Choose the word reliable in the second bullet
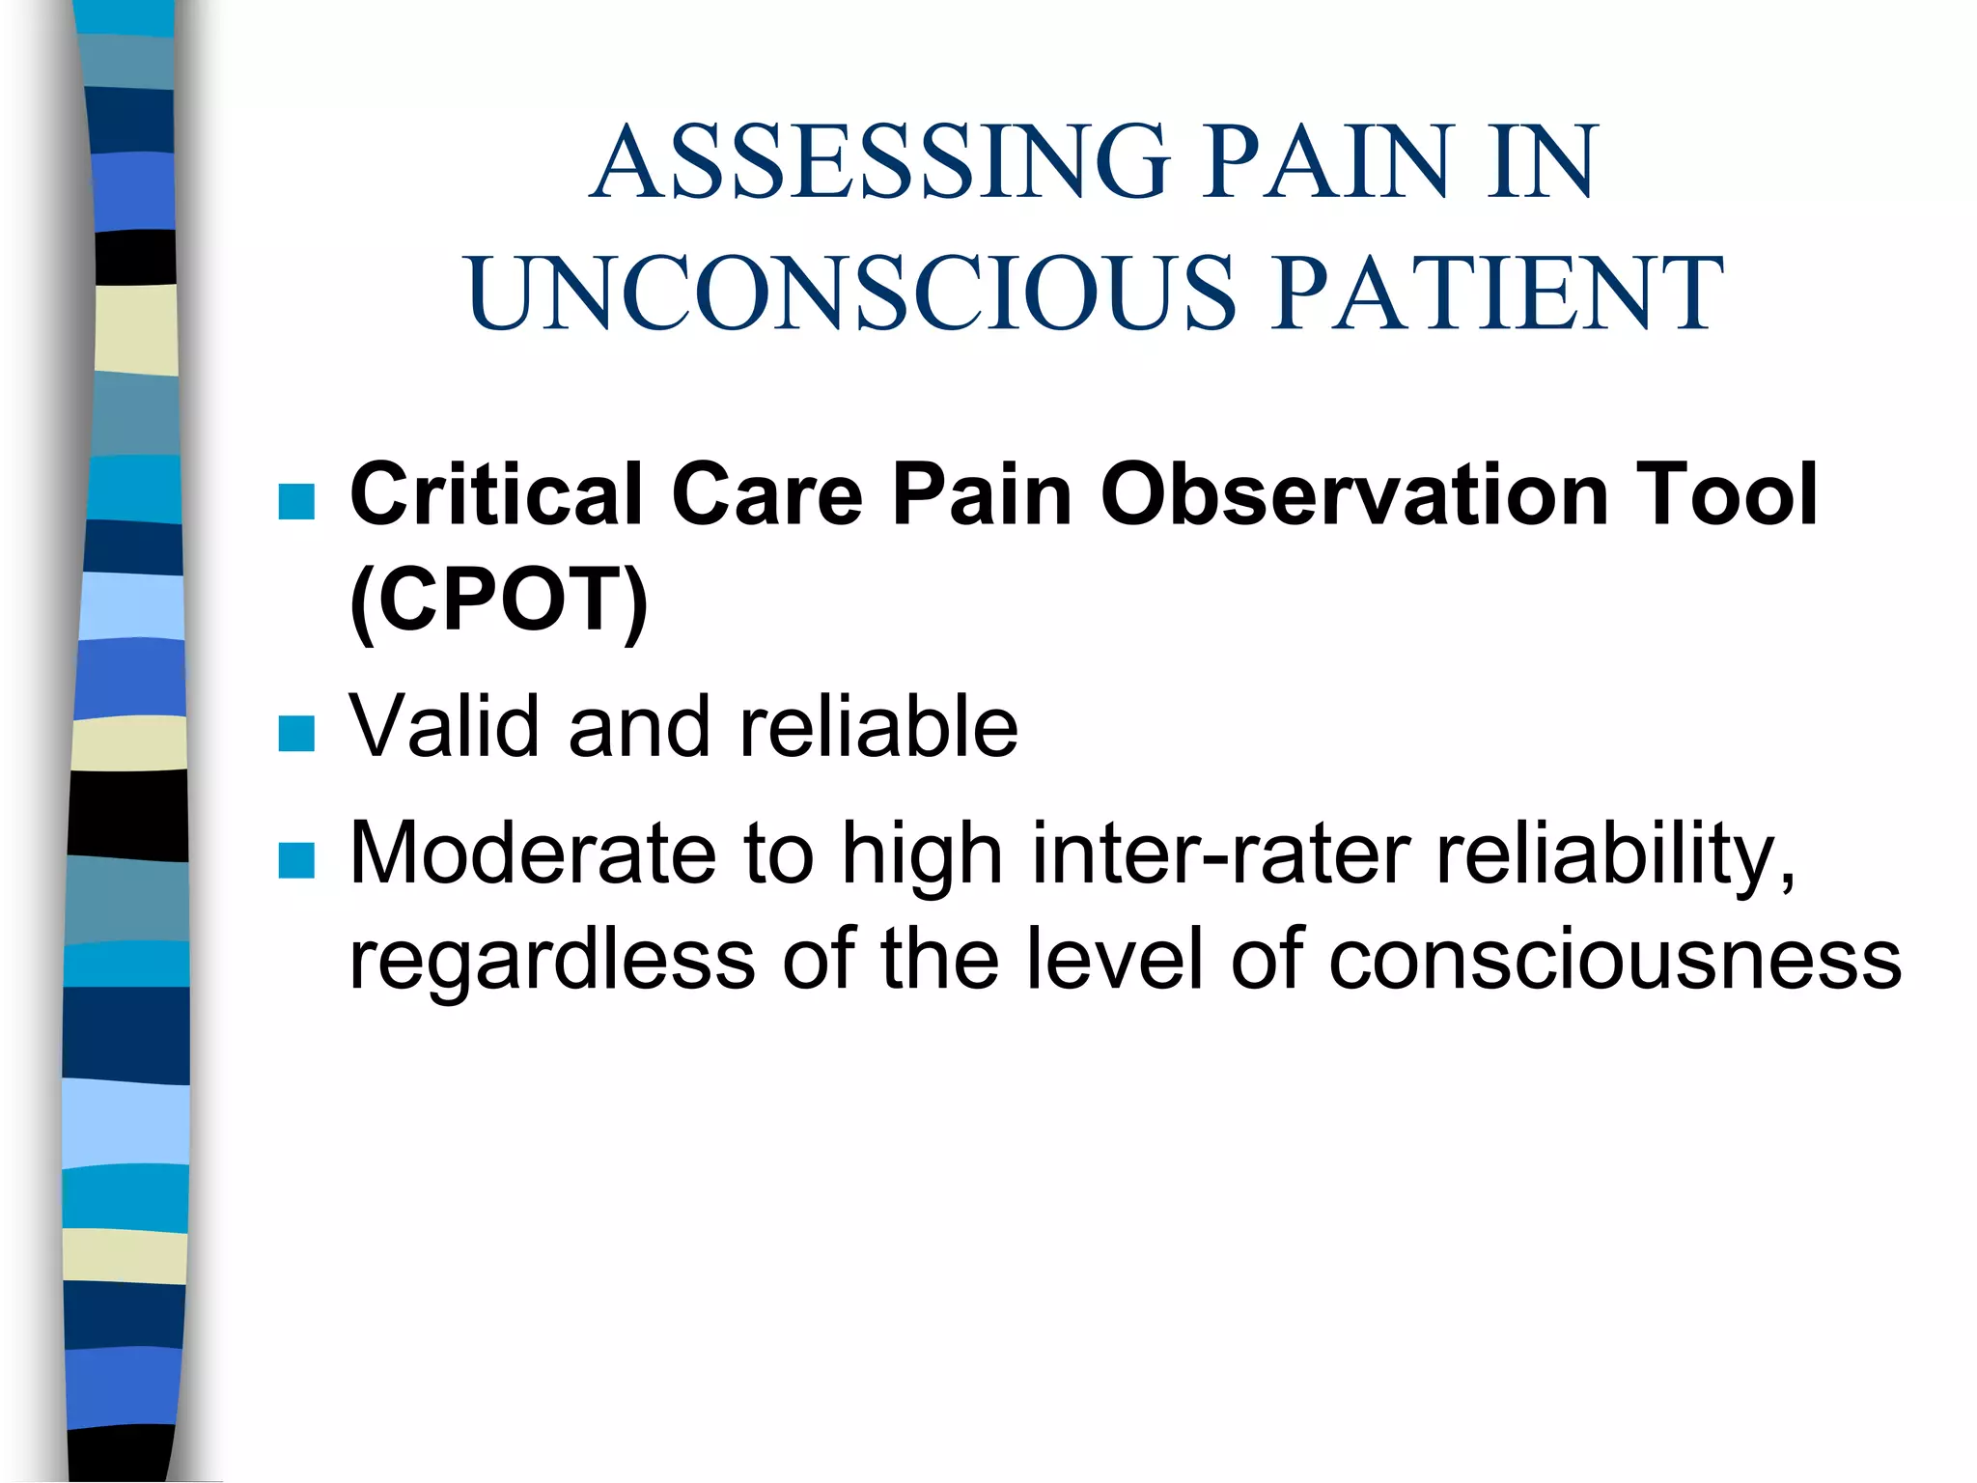point(878,726)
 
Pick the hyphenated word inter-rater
point(1221,853)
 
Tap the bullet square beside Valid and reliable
point(296,734)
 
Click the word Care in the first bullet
point(766,494)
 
